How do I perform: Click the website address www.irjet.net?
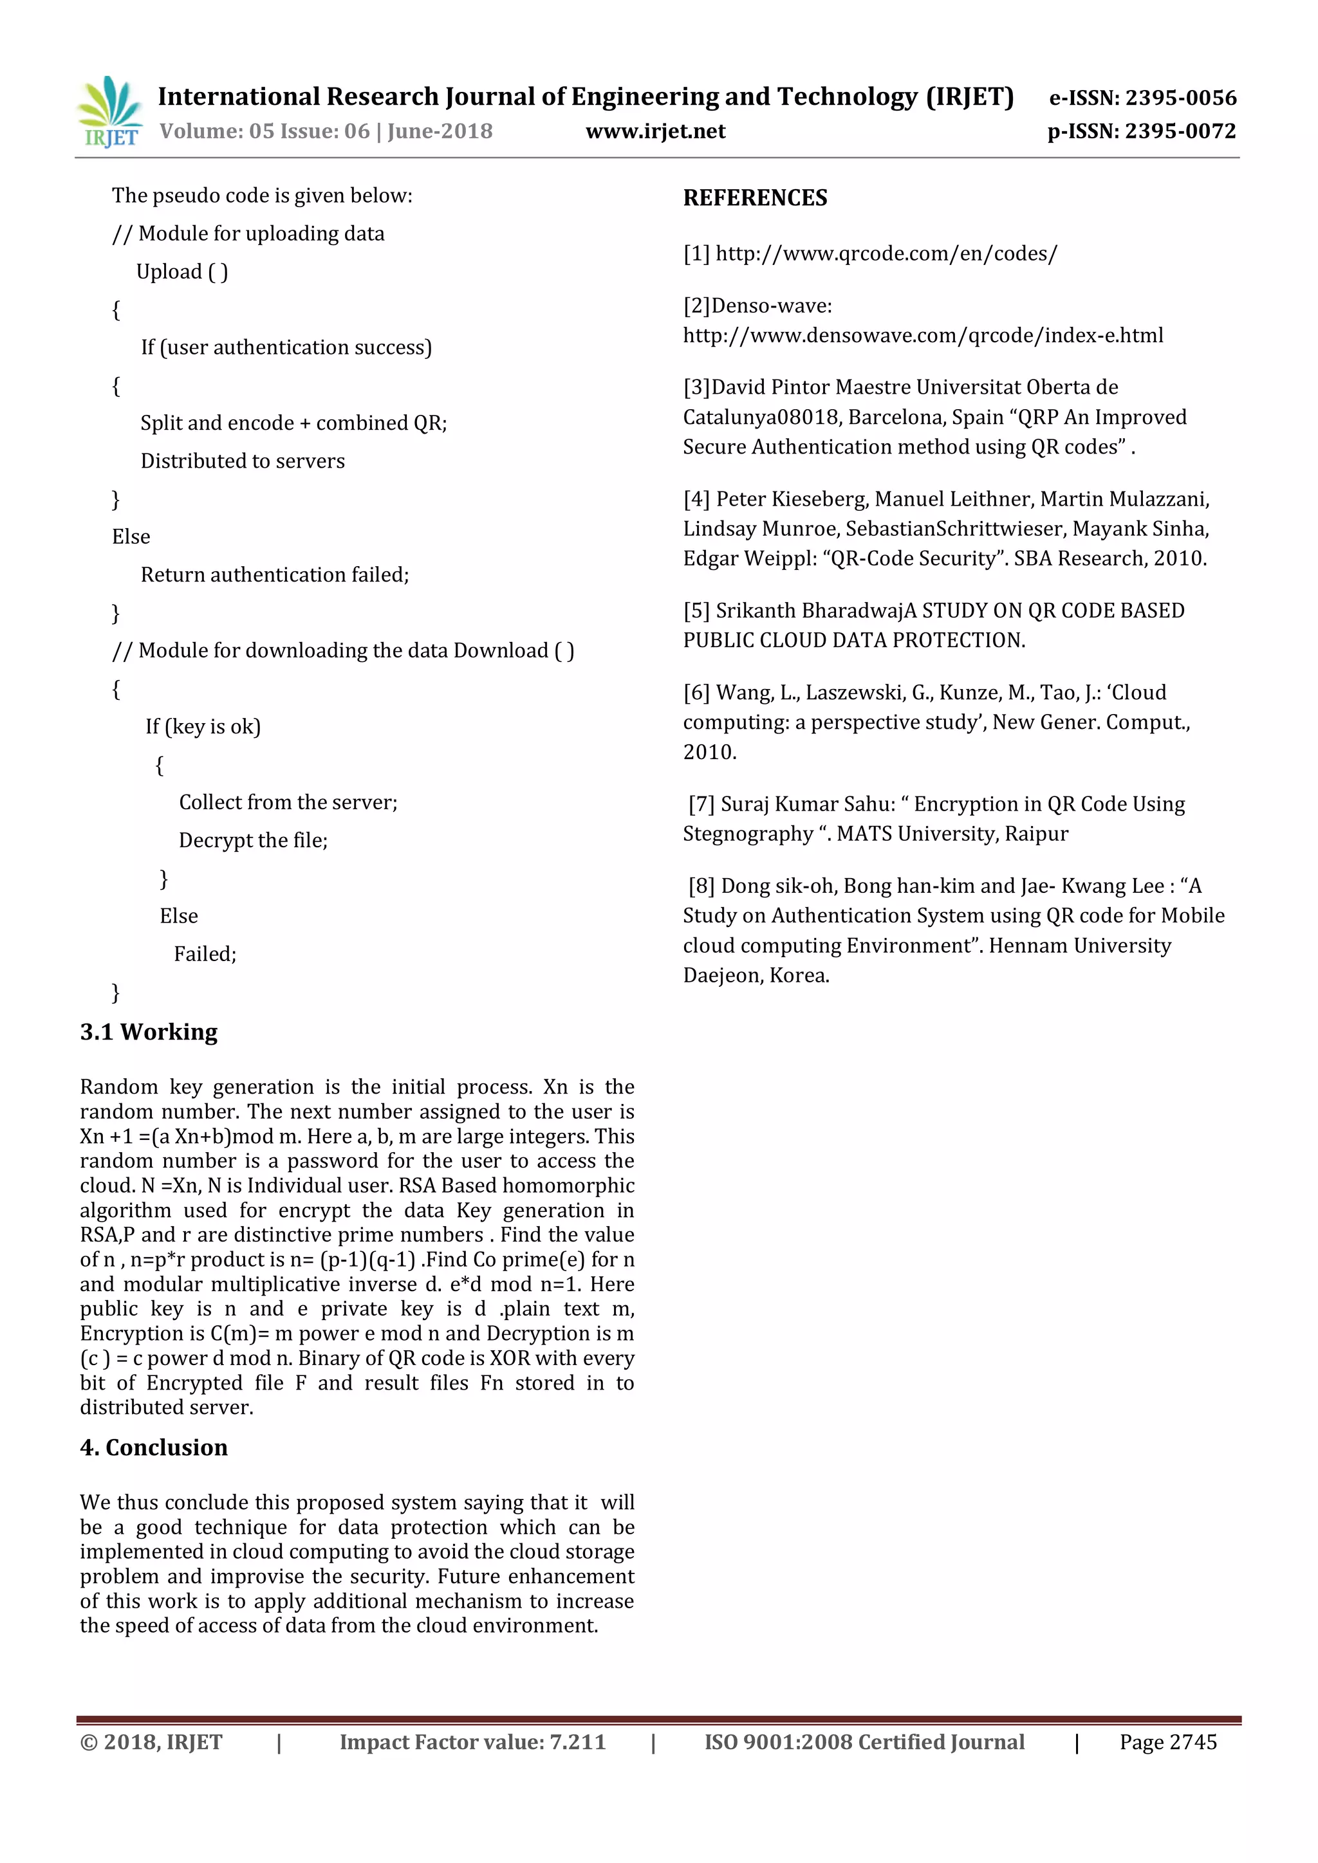[655, 131]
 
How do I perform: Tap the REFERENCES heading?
[755, 198]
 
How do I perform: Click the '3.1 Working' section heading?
[149, 1032]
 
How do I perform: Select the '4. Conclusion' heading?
[153, 1447]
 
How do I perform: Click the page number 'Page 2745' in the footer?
[1168, 1742]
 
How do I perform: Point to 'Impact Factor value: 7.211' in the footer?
[472, 1742]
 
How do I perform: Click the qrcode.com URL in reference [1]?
[886, 254]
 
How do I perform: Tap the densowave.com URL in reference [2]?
[923, 336]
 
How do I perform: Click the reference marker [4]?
[696, 499]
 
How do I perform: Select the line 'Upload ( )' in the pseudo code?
[181, 272]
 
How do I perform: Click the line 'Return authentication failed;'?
[274, 575]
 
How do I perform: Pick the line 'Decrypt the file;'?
[252, 841]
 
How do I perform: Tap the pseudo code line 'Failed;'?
[205, 954]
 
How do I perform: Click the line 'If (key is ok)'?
[203, 727]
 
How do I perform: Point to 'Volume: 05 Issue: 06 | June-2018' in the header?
[326, 131]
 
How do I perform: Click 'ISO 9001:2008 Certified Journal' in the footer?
[864, 1742]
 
